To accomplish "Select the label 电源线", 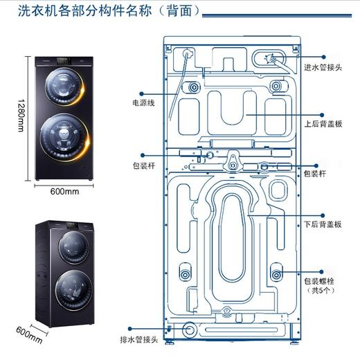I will pos(144,102).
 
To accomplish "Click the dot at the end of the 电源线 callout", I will pos(141,93).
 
